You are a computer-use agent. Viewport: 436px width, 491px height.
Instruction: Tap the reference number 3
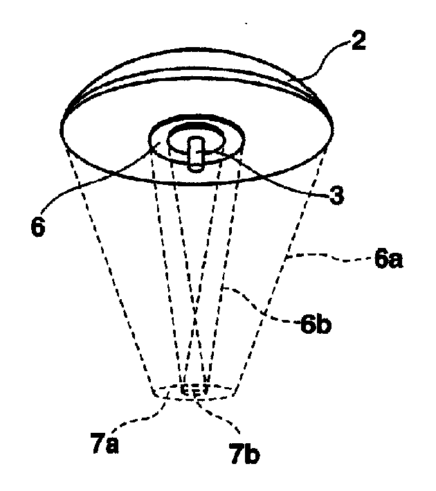coord(337,196)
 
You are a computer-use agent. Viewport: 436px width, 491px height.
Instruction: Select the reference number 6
coord(38,226)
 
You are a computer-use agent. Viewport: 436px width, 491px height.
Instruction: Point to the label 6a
coord(388,260)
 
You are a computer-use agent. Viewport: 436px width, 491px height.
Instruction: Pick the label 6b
coord(316,325)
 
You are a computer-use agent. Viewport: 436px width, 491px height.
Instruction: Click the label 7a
coord(105,443)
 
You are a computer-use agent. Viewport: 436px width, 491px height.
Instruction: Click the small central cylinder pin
coord(196,154)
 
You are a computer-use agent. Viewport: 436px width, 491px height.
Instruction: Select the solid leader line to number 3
coord(266,179)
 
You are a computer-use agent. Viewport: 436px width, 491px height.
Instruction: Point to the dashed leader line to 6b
coord(260,307)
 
